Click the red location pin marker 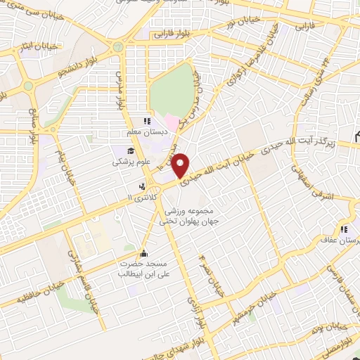coord(181,165)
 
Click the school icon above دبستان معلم coord(146,121)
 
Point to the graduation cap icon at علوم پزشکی coord(130,150)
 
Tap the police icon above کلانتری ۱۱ coord(143,187)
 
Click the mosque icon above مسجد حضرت coord(144,253)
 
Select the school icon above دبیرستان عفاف coord(345,229)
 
